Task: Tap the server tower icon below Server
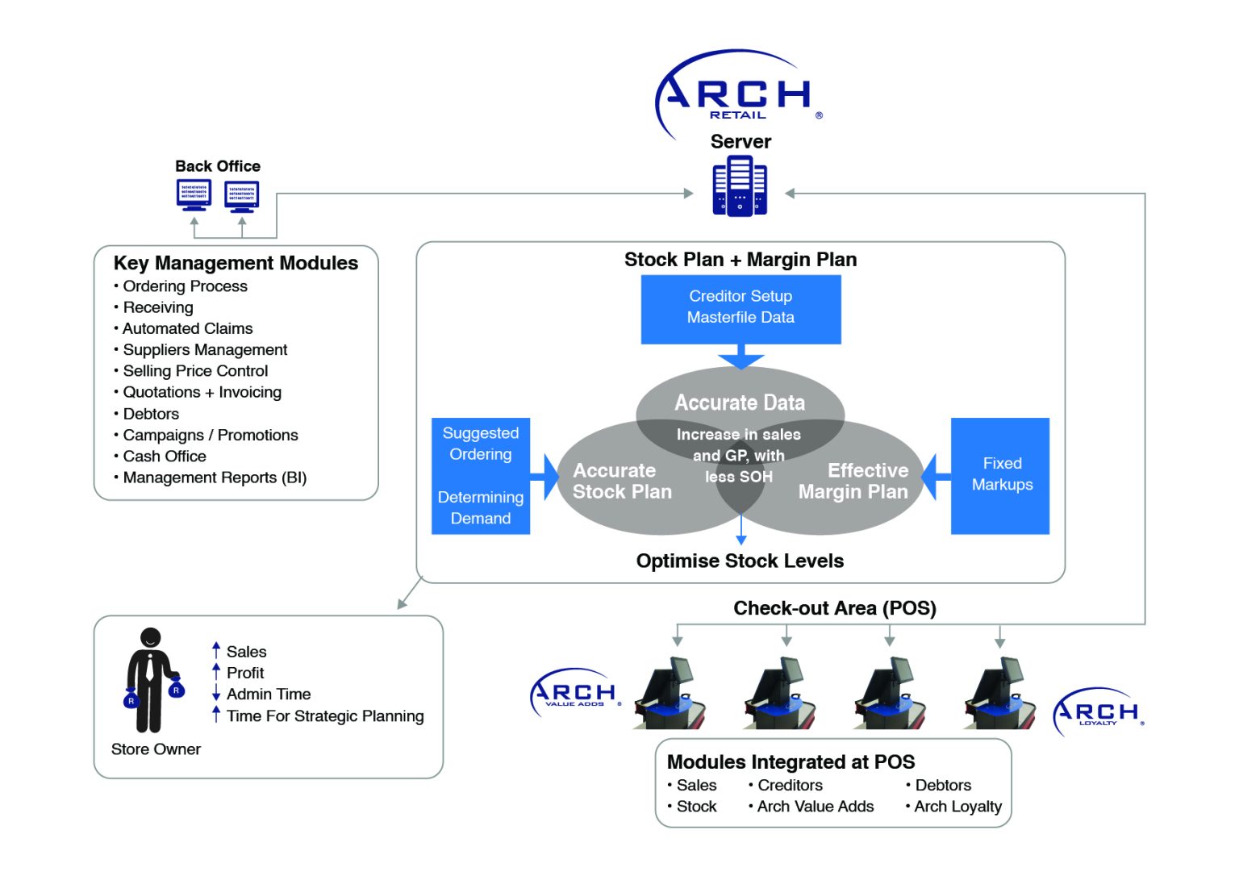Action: click(740, 186)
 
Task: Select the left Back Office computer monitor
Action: click(194, 194)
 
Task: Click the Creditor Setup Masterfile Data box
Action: click(740, 308)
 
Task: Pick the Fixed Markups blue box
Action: click(1000, 474)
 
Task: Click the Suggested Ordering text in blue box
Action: click(481, 444)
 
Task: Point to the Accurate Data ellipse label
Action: click(740, 403)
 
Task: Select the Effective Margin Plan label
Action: click(853, 481)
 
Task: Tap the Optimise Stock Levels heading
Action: click(740, 561)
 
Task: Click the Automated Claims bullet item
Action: click(187, 328)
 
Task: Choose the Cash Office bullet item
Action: click(164, 456)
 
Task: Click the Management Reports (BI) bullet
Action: click(215, 478)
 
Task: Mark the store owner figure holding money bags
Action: click(152, 680)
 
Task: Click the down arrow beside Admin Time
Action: click(216, 694)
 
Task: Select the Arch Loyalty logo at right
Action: click(1098, 711)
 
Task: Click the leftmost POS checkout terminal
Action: click(671, 695)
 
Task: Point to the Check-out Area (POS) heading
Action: click(834, 608)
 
